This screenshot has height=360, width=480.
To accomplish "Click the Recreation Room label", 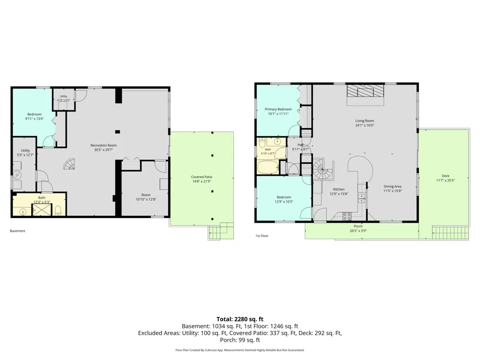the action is click(104, 145).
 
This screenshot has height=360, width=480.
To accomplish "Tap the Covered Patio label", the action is click(202, 177).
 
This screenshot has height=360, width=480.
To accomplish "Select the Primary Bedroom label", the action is click(278, 109).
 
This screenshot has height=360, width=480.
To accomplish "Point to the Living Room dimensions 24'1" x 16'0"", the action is click(365, 125).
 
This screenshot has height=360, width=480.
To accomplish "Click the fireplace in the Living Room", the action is click(365, 91).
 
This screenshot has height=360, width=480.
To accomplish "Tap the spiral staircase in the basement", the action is click(69, 164).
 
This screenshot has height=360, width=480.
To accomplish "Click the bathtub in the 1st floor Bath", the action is click(268, 167).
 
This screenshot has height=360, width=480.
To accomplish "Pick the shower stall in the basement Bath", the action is click(42, 210).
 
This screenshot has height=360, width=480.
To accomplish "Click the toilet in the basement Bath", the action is click(58, 211).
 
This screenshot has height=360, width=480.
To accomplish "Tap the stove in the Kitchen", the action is click(347, 216).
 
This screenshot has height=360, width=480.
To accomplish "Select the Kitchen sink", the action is click(362, 198).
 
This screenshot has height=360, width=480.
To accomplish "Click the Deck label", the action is click(445, 176).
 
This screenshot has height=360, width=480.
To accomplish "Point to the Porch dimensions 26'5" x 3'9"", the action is click(358, 231).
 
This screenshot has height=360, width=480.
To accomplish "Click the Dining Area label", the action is click(393, 186).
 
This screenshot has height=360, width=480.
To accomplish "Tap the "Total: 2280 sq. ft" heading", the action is click(240, 319).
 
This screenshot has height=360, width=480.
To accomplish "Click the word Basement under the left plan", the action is click(17, 231).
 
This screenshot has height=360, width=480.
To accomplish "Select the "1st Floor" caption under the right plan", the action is click(262, 236).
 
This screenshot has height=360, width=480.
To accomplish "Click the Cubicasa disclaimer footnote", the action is click(240, 350).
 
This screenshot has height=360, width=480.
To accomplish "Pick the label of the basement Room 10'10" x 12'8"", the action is click(146, 195).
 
